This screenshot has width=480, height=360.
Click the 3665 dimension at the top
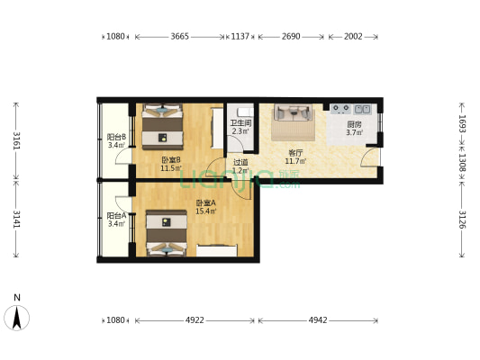(180, 36)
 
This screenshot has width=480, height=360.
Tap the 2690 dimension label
(291, 36)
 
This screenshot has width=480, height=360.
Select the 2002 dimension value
(353, 36)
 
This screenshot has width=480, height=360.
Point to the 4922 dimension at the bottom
(195, 320)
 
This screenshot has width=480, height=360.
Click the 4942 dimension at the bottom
(318, 320)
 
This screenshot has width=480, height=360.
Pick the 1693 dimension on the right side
(462, 124)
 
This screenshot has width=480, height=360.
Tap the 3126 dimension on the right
(462, 220)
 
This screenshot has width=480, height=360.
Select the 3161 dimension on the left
(16, 140)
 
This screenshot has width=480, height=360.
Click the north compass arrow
(16, 318)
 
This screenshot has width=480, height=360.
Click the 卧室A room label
(205, 202)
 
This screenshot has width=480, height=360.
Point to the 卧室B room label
(171, 159)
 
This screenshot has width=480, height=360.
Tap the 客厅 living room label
(295, 153)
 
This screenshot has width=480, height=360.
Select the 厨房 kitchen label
(354, 124)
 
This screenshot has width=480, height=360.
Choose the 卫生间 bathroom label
(241, 123)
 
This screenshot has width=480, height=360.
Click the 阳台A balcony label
(116, 216)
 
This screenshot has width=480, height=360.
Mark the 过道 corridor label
(240, 162)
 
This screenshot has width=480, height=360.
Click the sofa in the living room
(294, 112)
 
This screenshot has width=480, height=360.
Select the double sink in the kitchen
(362, 109)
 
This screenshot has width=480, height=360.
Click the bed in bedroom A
(167, 233)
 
